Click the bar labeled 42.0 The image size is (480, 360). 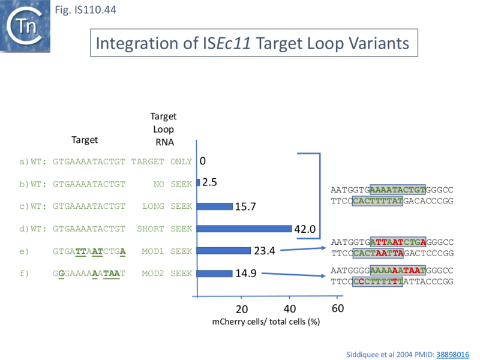(244, 229)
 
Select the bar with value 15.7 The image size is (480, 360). (215, 206)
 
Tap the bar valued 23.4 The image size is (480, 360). (224, 251)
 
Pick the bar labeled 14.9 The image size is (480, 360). (215, 274)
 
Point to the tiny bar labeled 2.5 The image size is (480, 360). (199, 182)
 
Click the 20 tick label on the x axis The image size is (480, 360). (241, 309)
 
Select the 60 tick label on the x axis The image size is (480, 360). (337, 309)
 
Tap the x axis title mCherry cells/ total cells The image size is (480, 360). (266, 322)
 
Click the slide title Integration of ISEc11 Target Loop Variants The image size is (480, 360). (253, 44)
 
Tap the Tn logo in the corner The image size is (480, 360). (25, 25)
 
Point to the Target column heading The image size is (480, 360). (85, 140)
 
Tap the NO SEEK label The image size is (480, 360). (173, 184)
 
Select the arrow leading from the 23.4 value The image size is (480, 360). (302, 248)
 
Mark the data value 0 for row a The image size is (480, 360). (203, 161)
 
